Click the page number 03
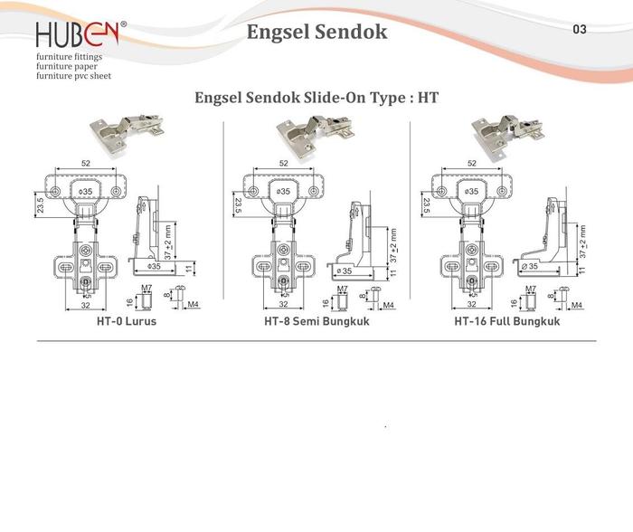click(580, 29)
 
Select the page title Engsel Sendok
click(316, 33)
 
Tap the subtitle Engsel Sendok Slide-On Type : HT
click(316, 97)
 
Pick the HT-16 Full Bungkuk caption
click(508, 321)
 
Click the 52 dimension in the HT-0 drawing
click(85, 163)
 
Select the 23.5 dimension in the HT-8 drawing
click(237, 205)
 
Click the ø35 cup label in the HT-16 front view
click(471, 192)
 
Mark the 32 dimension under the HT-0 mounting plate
click(85, 306)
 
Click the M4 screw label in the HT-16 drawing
click(575, 305)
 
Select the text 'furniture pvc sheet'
click(73, 77)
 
